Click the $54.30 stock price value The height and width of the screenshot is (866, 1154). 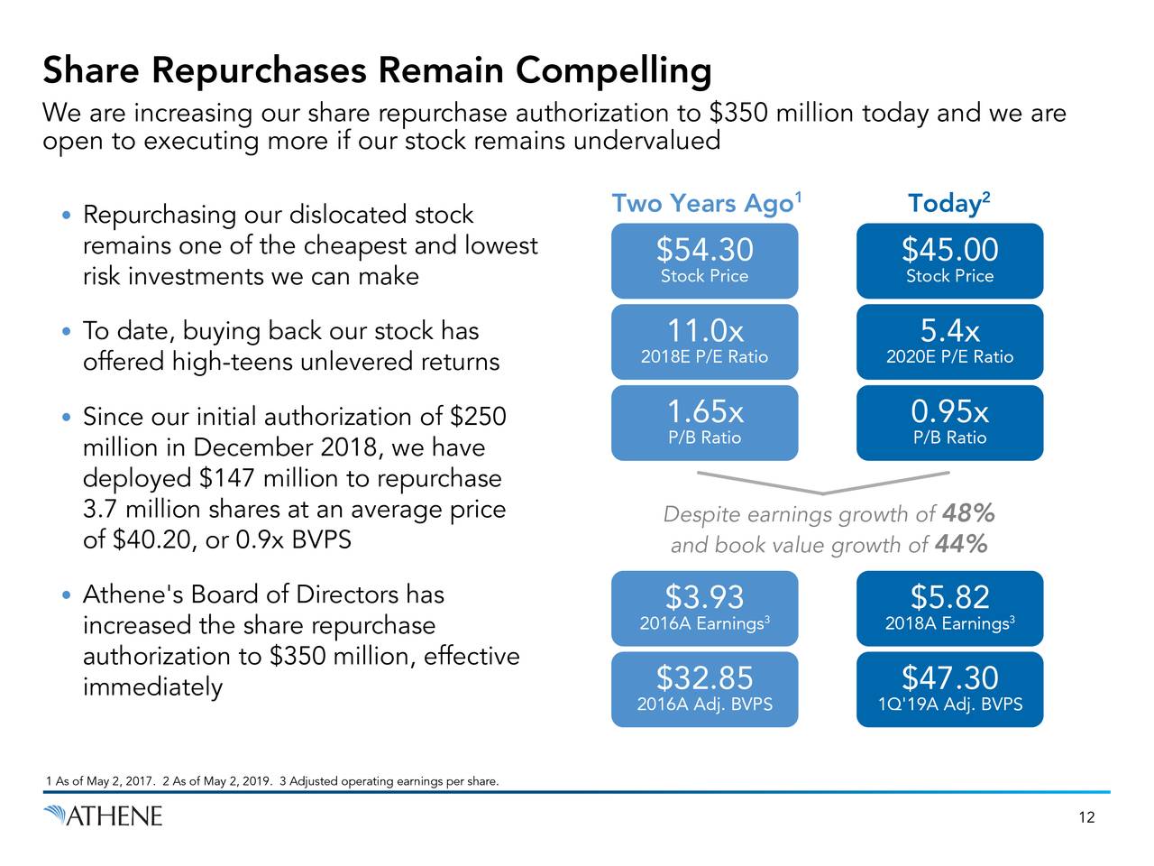pos(704,250)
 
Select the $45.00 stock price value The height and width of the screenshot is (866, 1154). pos(949,250)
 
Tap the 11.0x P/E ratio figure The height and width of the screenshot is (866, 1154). pos(704,331)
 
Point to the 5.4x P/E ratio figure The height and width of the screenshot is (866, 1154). pos(949,331)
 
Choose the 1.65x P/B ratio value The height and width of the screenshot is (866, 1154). pos(704,412)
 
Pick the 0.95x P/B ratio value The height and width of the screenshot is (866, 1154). pos(949,412)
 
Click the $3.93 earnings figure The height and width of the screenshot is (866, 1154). pos(704,597)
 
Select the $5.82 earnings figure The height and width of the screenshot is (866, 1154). pos(949,597)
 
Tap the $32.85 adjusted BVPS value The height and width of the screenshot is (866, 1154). pos(704,677)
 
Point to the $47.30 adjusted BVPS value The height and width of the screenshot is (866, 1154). pos(949,677)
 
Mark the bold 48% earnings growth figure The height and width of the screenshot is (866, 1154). pos(968,514)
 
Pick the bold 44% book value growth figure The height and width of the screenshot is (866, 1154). pos(961,545)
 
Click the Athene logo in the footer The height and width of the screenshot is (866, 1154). pos(103,816)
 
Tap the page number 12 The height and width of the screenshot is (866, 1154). pos(1086,817)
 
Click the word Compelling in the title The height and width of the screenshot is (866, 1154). pos(613,70)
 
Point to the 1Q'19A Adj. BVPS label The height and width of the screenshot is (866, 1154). pos(949,705)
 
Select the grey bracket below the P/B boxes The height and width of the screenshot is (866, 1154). pos(823,482)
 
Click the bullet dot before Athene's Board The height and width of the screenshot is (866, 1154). pos(66,596)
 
